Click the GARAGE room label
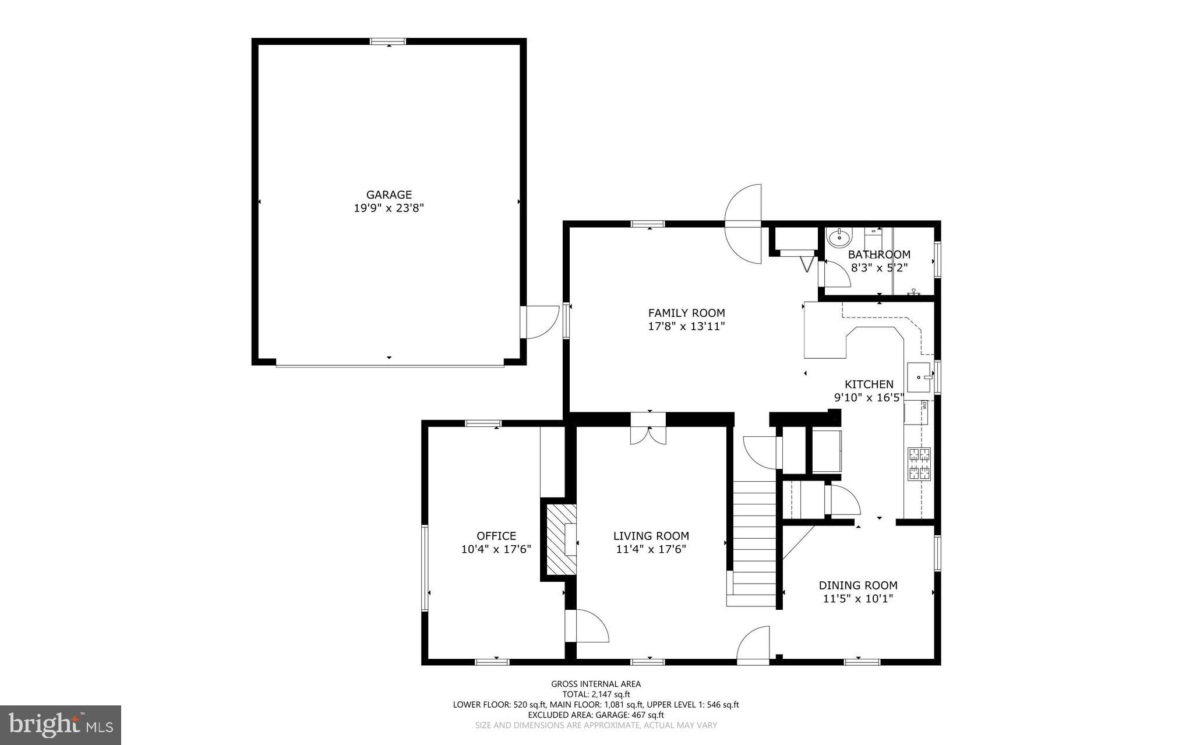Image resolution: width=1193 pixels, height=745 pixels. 389,195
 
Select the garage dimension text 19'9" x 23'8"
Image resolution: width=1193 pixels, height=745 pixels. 389,208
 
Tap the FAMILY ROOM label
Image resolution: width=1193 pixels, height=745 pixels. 686,313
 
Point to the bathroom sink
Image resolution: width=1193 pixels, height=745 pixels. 839,237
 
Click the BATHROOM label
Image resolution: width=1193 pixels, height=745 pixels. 878,255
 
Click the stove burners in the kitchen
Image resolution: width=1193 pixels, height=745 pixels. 919,464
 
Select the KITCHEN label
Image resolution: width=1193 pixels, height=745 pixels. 869,384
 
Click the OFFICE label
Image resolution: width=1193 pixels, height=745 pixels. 496,536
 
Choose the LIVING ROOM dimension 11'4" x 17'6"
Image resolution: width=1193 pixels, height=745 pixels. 651,549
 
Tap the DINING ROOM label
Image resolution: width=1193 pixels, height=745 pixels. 857,585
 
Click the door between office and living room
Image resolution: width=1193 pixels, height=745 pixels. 586,626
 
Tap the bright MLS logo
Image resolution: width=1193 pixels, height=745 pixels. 61,725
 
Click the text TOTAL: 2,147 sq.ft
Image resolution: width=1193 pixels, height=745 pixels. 595,694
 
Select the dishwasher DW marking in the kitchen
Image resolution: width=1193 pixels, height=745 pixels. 924,405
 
